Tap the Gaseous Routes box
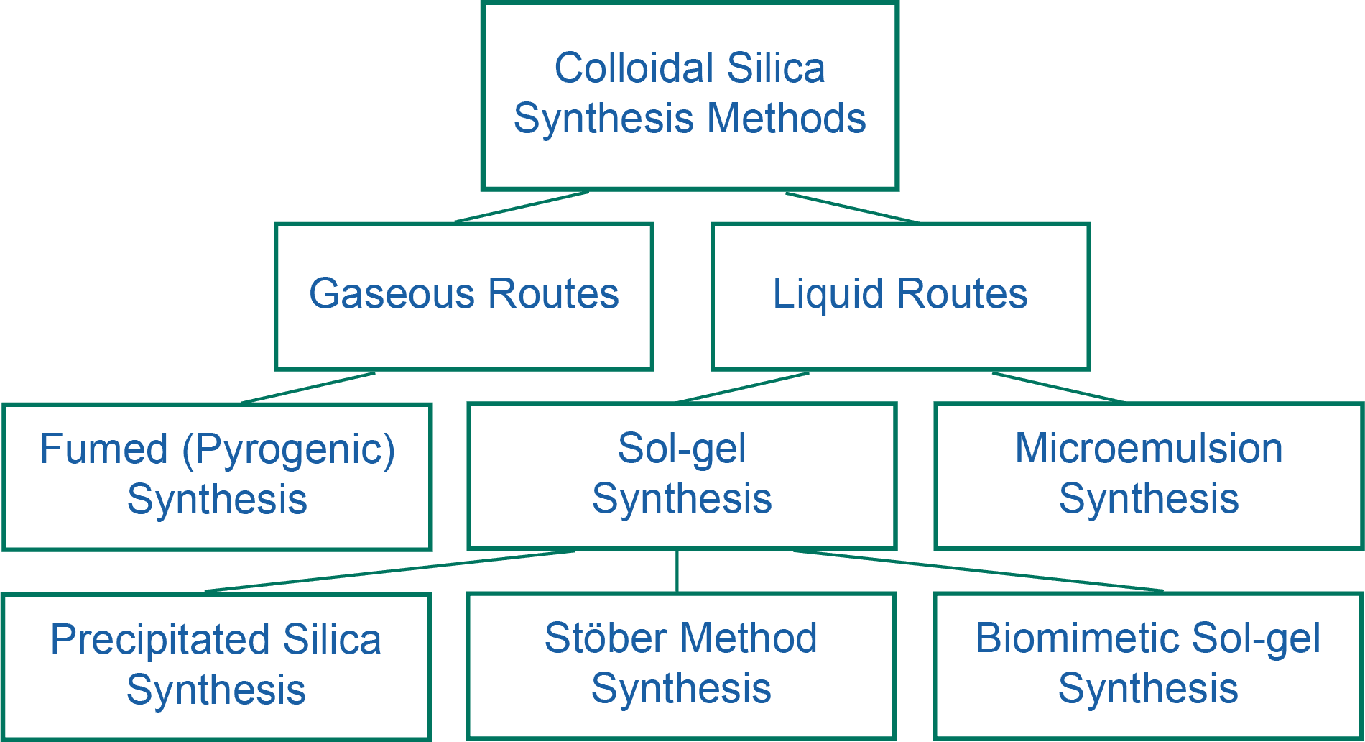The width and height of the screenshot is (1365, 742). (463, 296)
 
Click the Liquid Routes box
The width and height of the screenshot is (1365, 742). (900, 296)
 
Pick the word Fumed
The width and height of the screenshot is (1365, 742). (103, 449)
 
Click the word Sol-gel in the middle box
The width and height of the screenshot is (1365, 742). (681, 449)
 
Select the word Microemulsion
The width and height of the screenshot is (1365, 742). (1148, 449)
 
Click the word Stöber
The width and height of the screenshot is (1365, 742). (606, 638)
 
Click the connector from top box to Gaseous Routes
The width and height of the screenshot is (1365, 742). (522, 208)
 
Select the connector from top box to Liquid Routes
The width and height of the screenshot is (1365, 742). (851, 208)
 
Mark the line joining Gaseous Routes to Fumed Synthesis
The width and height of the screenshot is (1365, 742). (307, 388)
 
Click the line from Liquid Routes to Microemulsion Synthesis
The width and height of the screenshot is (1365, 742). (1058, 388)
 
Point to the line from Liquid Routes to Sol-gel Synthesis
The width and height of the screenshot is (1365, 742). (744, 388)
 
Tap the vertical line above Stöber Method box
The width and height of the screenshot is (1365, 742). (677, 572)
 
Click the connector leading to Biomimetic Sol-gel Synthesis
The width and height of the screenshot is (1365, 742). (977, 571)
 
